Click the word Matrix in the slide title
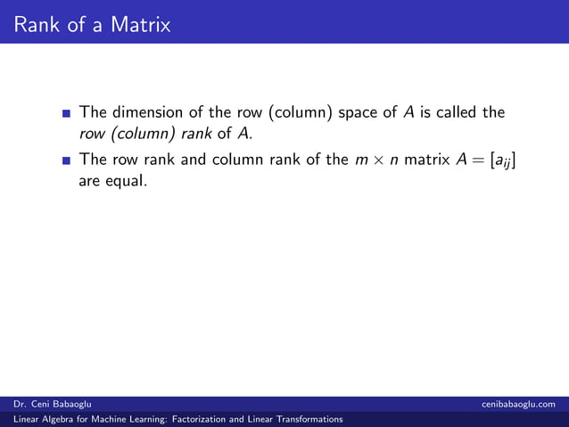[141, 25]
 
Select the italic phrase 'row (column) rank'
[144, 135]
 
